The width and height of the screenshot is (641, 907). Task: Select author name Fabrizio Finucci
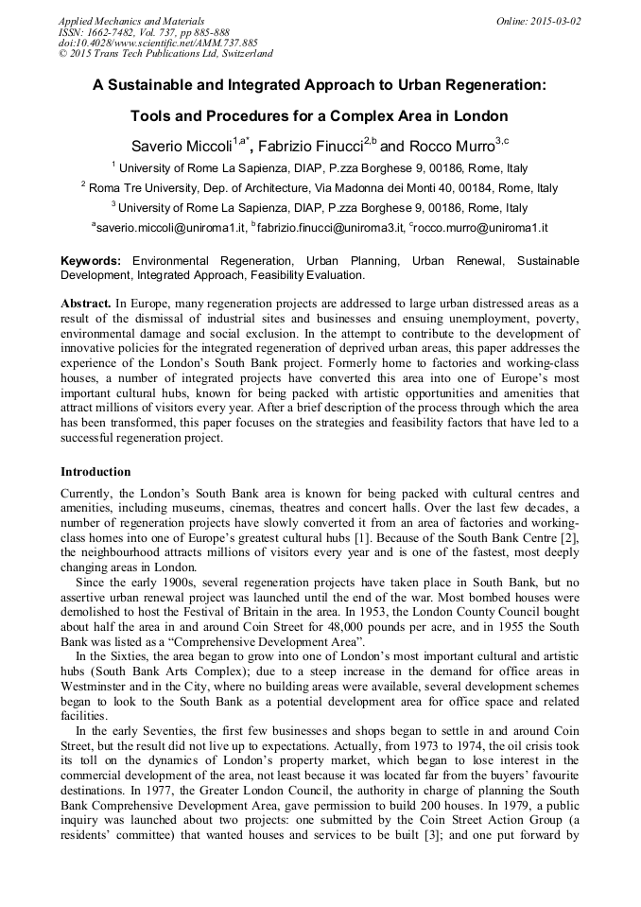(309, 147)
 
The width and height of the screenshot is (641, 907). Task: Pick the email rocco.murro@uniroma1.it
(483, 228)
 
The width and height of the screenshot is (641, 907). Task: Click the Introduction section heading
(95, 472)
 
